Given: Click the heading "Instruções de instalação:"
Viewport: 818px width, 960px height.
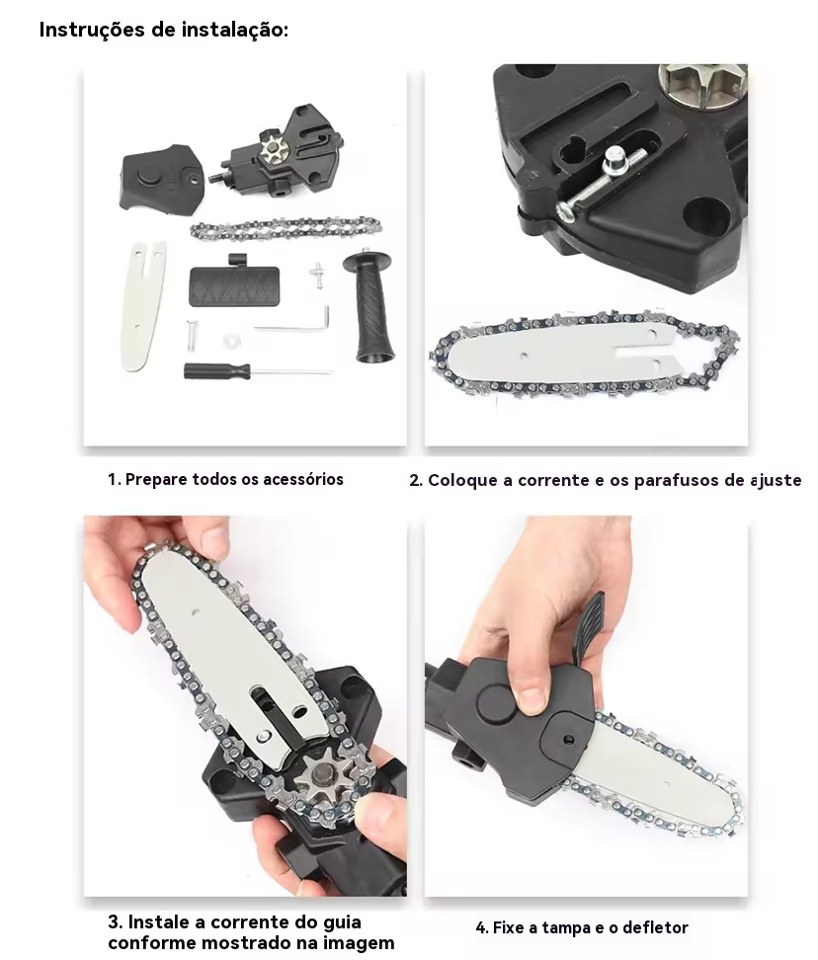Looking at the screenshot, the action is tap(163, 30).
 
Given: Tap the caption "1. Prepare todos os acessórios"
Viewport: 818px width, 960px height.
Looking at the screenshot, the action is tap(225, 479).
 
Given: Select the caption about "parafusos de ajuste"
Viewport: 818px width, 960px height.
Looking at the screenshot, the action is tap(605, 480).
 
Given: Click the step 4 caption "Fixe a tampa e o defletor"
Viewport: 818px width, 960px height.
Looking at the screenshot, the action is tap(582, 927).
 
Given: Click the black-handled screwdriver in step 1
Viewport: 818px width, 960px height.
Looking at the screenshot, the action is tap(258, 370).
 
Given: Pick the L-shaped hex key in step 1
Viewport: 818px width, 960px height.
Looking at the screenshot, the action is tap(293, 323).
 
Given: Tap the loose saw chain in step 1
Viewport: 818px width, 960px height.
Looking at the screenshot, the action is tap(286, 229).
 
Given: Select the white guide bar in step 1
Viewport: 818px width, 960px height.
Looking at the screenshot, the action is tap(142, 305).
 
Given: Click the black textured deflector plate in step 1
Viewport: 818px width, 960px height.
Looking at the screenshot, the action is tap(234, 282).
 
